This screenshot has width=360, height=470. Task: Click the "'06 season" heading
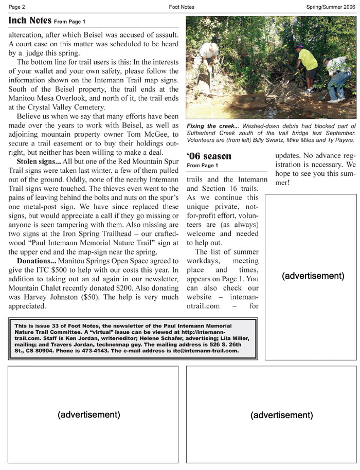click(209, 156)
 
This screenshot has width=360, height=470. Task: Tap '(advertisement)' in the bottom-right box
click(281, 415)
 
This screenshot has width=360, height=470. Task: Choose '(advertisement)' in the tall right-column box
click(313, 276)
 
